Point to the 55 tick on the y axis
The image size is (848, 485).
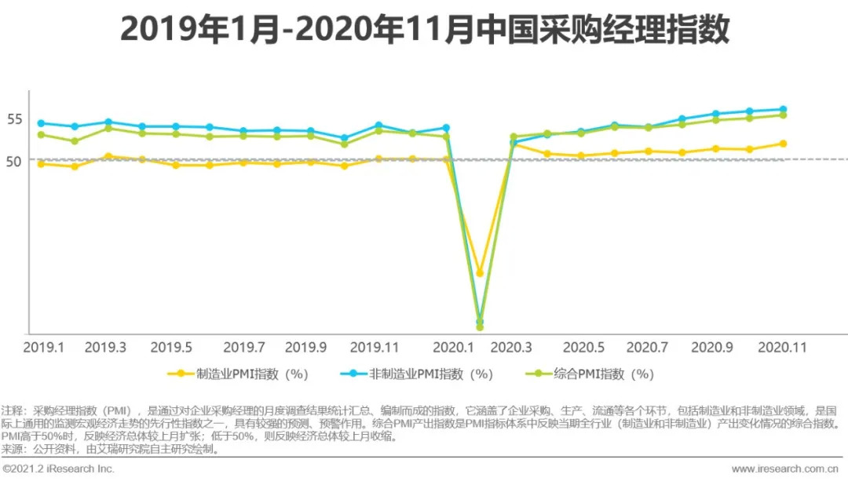click(15, 119)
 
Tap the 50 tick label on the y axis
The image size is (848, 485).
click(15, 161)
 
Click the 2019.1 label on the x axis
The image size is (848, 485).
click(43, 347)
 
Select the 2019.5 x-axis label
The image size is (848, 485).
click(171, 347)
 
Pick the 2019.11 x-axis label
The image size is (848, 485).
click(374, 347)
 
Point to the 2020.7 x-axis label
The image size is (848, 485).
click(647, 347)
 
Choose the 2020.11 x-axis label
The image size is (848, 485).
click(782, 347)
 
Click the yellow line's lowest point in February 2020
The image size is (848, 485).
click(480, 273)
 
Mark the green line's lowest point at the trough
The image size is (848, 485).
click(480, 326)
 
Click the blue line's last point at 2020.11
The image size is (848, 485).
click(783, 109)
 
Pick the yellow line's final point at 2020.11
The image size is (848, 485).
click(783, 144)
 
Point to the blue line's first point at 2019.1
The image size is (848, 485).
click(41, 123)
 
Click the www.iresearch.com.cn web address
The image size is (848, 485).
click(784, 469)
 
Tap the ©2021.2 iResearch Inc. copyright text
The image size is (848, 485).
click(59, 469)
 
